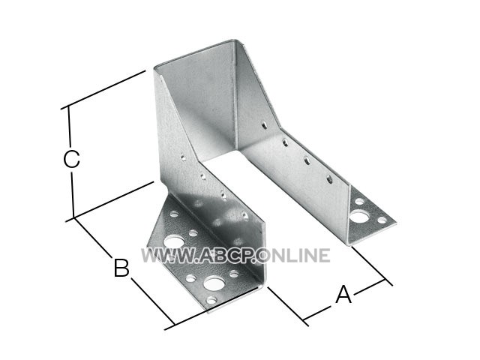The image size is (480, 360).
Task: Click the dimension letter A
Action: point(343,294)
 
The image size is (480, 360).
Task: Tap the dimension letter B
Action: point(121,268)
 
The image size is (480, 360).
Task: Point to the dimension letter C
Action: point(72,158)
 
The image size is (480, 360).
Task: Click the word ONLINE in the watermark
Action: point(295,256)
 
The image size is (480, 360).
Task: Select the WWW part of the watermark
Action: point(166,256)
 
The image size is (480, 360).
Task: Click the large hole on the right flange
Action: point(358,217)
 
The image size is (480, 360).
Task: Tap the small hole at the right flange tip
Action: point(382,220)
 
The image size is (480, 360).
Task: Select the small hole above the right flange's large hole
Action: point(359,202)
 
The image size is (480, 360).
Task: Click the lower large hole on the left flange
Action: point(212,283)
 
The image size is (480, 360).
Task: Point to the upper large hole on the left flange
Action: point(173,241)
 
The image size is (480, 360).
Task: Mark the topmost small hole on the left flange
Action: point(174,214)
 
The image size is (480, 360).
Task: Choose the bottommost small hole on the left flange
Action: point(211,300)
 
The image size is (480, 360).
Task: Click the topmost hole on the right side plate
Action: point(264,125)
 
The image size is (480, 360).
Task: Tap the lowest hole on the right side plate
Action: point(329,179)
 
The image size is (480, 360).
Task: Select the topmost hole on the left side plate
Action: point(183,158)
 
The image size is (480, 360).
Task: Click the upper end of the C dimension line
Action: point(68,106)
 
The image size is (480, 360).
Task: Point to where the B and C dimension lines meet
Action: point(74,217)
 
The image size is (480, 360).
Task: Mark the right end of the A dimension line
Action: point(385,280)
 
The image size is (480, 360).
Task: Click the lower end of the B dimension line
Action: point(174,325)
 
